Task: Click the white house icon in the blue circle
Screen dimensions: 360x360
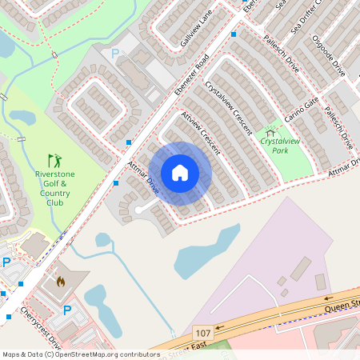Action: point(180,173)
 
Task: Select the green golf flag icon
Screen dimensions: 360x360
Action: point(54,160)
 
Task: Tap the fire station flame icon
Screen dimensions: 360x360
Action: point(61,282)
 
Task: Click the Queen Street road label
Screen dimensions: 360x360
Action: point(341,304)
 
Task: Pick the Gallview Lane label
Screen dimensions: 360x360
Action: point(195,33)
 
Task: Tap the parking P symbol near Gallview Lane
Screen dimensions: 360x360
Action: point(114,53)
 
